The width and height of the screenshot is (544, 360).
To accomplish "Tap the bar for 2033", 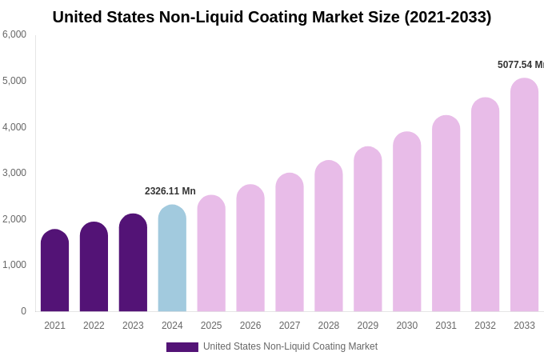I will click(524, 195).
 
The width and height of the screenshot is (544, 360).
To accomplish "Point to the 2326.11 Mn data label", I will click(170, 191).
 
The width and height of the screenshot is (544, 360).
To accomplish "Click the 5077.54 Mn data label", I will click(520, 65).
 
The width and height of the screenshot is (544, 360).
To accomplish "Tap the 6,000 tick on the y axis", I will click(14, 34).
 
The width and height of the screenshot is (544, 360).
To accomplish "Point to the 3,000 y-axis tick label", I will click(14, 173).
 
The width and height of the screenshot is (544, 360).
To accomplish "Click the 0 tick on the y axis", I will click(23, 311).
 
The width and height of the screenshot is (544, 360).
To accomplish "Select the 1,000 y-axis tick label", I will click(14, 265).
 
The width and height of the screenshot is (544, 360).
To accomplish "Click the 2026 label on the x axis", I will click(250, 326).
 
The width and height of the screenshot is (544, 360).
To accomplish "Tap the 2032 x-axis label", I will click(485, 326).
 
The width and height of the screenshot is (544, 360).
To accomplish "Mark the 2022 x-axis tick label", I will click(94, 326).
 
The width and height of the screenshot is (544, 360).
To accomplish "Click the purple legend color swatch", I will click(182, 347).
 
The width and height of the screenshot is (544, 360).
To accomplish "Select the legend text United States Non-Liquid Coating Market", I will click(290, 346).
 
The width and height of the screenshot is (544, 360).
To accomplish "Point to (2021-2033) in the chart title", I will click(447, 17).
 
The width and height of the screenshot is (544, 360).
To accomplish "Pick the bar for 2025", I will click(211, 254).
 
